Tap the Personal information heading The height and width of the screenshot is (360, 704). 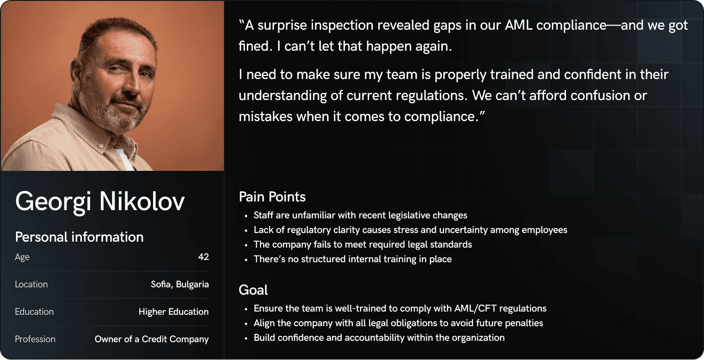click(x=79, y=237)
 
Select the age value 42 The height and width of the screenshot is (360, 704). click(x=203, y=257)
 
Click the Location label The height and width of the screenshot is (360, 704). click(x=32, y=284)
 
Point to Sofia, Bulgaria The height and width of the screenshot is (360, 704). click(x=180, y=285)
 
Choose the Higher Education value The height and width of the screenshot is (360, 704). click(x=174, y=312)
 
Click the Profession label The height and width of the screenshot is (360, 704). click(x=35, y=339)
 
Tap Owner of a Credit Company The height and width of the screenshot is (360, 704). click(x=152, y=339)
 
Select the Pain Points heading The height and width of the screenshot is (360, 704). click(x=272, y=197)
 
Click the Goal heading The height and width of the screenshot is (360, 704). click(x=253, y=290)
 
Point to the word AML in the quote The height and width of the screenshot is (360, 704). click(x=519, y=26)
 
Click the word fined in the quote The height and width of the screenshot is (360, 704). click(x=254, y=46)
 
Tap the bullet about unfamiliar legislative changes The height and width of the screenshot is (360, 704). click(x=360, y=215)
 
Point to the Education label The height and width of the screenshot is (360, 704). click(x=34, y=312)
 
